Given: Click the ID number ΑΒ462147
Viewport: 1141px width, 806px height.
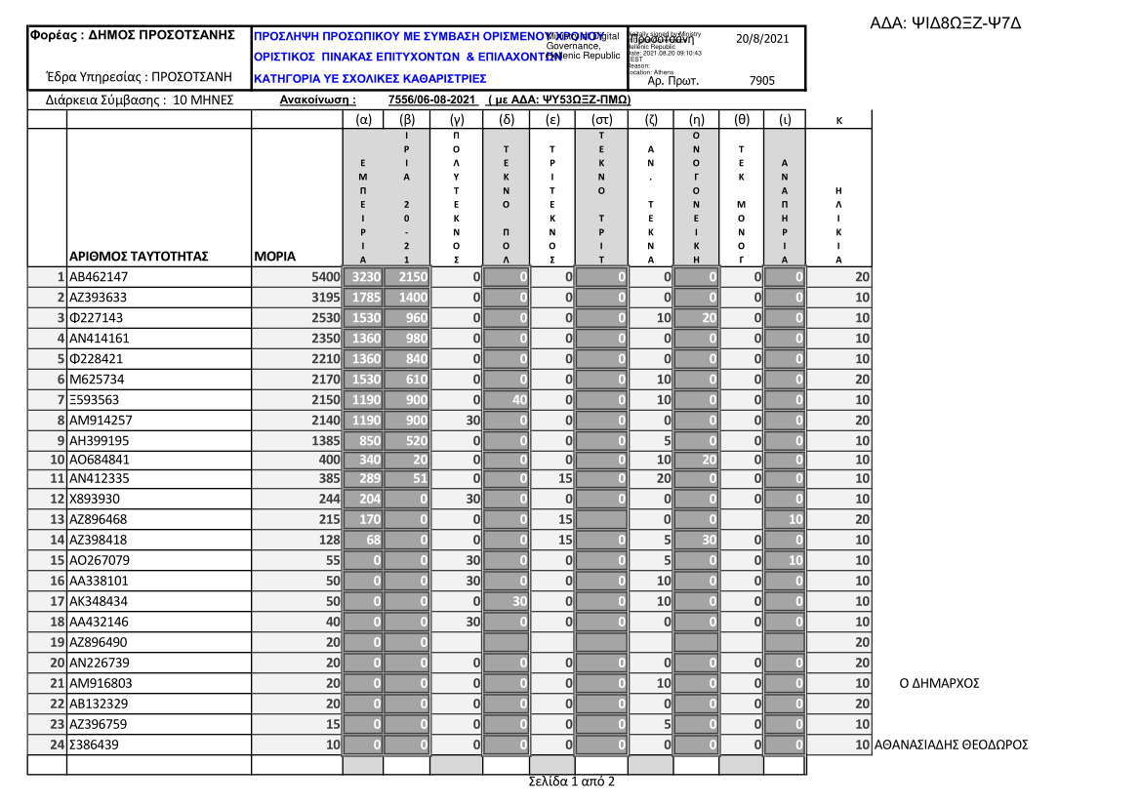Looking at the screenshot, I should (99, 276).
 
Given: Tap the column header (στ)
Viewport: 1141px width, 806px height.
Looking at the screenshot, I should (601, 119).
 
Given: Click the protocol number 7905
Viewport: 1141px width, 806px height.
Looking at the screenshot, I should (761, 82).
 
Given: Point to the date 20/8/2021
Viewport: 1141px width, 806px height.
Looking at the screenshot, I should (761, 38).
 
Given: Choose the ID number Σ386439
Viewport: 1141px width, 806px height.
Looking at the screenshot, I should (96, 746).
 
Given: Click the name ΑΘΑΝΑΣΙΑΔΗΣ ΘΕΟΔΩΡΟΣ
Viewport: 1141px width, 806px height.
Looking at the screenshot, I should (953, 746).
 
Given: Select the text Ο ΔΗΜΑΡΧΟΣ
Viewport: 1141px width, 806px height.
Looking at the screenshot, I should (938, 683).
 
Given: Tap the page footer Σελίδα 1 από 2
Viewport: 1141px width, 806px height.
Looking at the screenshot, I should (571, 782).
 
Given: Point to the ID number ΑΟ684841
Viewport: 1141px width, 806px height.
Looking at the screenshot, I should (99, 460).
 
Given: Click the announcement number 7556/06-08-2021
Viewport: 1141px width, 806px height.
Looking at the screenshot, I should (431, 100).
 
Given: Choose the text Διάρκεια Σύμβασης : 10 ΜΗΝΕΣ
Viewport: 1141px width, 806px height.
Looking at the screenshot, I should (140, 100).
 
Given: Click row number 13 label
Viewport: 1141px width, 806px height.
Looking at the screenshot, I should (57, 520).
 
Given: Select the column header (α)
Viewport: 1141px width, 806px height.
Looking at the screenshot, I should (364, 119).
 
